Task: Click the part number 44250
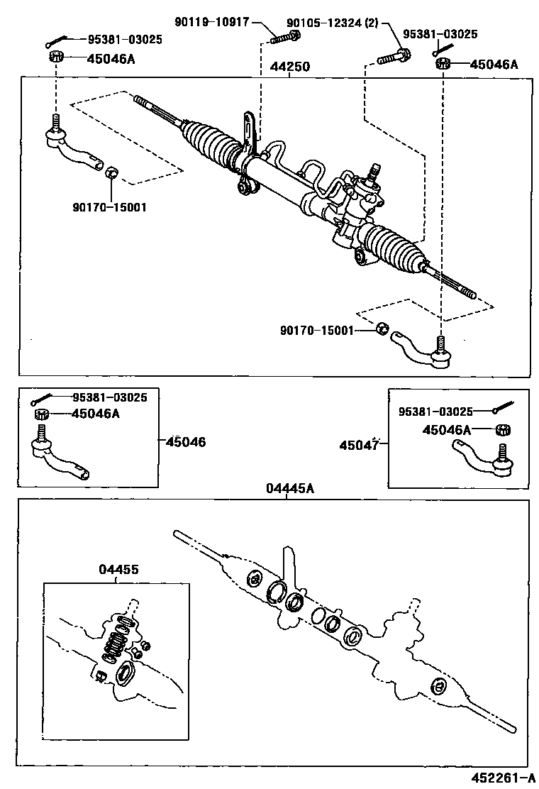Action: (x=289, y=67)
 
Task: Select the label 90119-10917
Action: (x=212, y=22)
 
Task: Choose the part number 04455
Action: (x=118, y=569)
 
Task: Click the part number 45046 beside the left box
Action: (x=186, y=442)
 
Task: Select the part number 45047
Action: (x=360, y=445)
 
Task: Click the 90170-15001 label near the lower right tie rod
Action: (x=318, y=330)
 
